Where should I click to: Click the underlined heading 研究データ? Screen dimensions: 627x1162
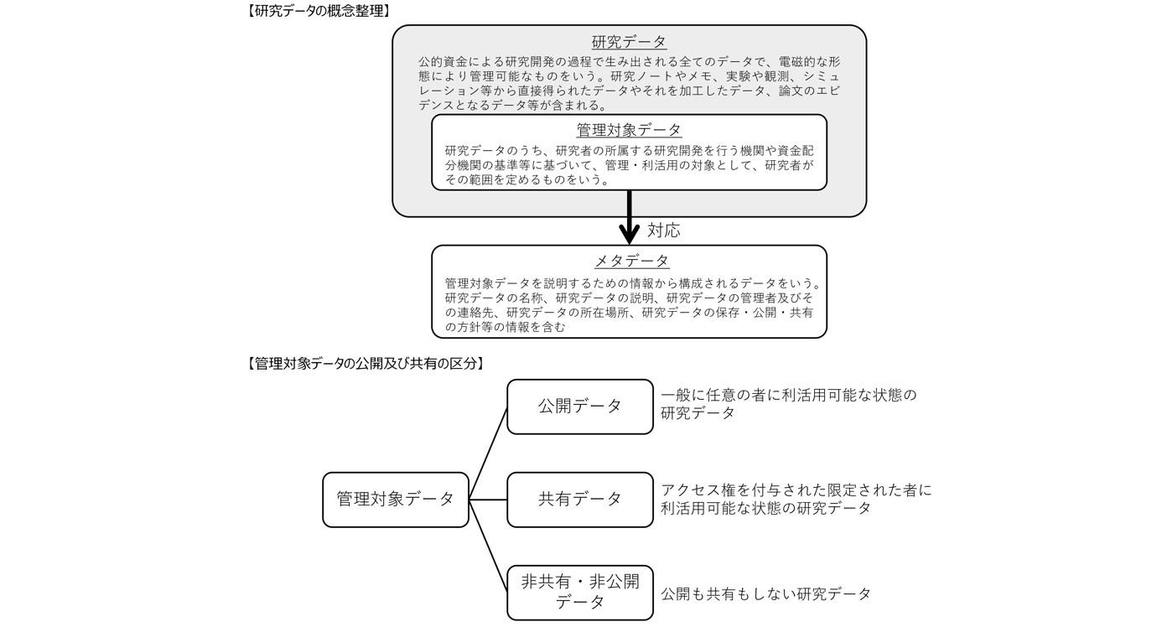coord(629,43)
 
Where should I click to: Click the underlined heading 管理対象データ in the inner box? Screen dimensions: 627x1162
coord(629,130)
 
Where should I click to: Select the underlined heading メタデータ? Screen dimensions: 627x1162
coord(629,261)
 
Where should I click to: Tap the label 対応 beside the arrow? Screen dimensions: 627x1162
coord(664,231)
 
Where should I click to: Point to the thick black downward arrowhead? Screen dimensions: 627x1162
coord(629,235)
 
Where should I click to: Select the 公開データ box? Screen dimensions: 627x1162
coord(580,407)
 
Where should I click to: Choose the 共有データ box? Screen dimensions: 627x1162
coord(580,500)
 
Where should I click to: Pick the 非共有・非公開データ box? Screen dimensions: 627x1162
coord(580,592)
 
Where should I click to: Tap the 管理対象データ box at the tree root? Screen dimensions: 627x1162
coord(396,500)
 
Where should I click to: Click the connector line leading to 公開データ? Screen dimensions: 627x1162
coord(488,453)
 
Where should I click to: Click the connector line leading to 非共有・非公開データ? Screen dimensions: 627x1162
coord(488,546)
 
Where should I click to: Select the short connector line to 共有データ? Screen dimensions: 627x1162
coord(488,500)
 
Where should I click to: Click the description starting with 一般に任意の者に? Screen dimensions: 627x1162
coord(788,403)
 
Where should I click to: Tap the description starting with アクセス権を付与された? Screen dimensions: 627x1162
coord(796,499)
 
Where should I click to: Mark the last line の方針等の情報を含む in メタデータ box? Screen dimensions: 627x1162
coord(505,328)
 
